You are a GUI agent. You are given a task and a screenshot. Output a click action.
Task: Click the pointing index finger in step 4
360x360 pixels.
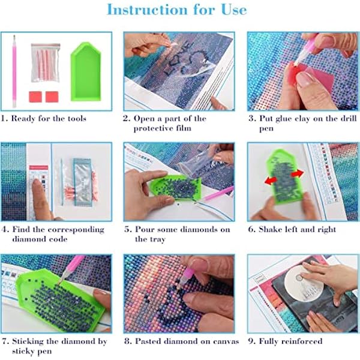pos(38,198)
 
